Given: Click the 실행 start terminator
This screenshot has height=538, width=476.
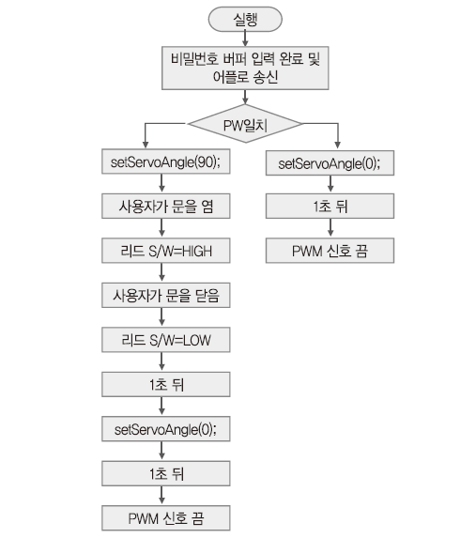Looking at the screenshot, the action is point(245,19).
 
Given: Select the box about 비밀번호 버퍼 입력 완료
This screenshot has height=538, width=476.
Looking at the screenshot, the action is point(245,68).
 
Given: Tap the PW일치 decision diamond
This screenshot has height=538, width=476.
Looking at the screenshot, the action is point(245,124).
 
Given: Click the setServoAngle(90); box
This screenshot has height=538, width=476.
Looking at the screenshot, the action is point(166,161).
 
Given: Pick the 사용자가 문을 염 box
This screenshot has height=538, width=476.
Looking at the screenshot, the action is point(166,206).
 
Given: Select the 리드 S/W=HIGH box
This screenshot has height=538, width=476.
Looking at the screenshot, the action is point(166,251).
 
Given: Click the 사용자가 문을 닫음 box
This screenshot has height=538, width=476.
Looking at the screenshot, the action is point(166,295).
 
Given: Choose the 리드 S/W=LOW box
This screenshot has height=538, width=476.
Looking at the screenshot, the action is point(166,340).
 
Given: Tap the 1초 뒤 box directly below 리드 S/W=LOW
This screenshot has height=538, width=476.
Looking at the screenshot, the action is point(166,385).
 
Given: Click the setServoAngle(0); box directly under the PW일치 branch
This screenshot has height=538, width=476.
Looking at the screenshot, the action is point(330,163).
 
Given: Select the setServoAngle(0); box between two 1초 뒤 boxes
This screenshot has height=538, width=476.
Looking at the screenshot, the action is point(166,429).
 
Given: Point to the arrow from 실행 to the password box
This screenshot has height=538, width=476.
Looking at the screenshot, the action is point(245,38).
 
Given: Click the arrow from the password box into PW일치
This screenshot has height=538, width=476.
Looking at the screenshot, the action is point(245,97).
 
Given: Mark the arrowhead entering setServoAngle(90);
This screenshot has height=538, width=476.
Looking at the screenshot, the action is point(146,145).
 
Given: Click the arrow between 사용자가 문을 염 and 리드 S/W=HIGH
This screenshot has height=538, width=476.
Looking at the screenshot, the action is point(162,228).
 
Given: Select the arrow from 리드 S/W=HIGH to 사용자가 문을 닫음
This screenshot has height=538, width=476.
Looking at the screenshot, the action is point(162,273).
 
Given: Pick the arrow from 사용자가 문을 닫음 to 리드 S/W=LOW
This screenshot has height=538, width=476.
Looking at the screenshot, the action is point(162,317).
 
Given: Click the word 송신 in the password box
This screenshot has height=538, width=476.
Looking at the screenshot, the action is point(266,77).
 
